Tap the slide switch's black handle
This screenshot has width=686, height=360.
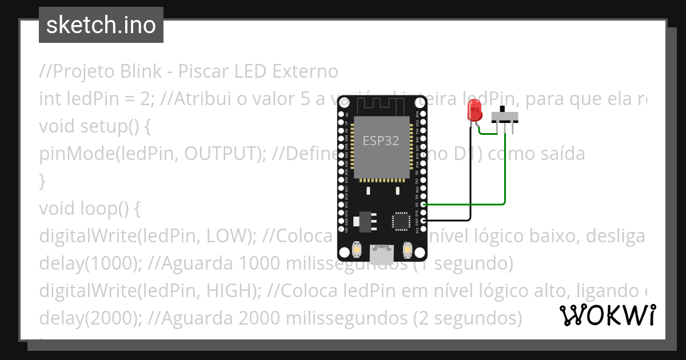(503, 109)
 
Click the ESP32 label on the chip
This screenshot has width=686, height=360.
(381, 140)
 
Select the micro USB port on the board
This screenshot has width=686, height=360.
(381, 254)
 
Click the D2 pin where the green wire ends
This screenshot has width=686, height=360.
(423, 203)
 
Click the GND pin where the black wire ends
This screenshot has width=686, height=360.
(423, 220)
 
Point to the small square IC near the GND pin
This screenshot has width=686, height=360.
(401, 222)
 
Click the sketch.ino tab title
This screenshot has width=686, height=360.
(101, 25)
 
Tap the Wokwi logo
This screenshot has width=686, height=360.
(608, 315)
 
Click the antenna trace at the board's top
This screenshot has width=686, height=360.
(381, 104)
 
